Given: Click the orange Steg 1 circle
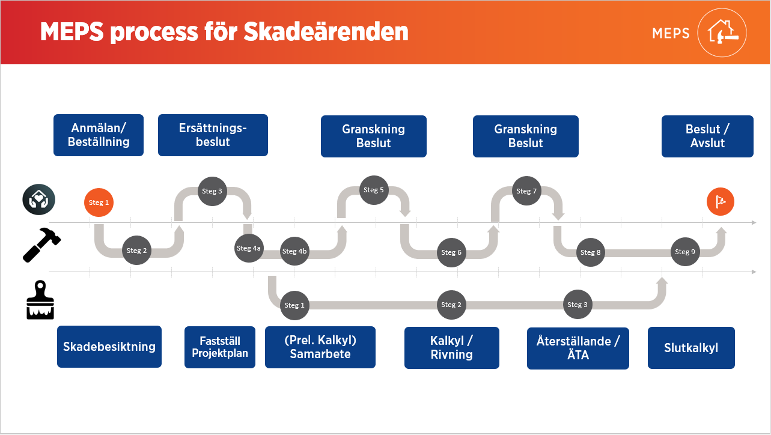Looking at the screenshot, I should point(99,202).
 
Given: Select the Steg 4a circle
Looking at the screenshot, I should point(249,248).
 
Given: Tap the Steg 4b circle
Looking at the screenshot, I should point(294,251).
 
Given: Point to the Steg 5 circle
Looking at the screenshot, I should point(374,190).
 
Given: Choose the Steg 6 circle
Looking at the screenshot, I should point(451,252).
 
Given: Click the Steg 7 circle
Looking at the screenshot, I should point(526,191).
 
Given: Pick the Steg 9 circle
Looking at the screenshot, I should point(685,252).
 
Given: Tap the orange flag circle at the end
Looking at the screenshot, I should point(721,202).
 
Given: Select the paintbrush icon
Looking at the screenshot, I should point(40,300).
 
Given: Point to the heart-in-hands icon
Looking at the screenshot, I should point(39,199).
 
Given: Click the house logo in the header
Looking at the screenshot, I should point(722,32).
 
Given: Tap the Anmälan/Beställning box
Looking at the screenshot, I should point(99,135).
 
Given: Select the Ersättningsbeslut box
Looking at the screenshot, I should point(213,135).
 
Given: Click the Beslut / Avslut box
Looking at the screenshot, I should point(707,136).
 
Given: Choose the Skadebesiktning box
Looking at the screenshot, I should point(109,347).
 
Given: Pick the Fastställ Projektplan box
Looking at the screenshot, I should point(220,347).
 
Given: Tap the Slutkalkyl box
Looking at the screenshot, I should point(691,348).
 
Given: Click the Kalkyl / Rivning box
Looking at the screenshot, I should point(452,348).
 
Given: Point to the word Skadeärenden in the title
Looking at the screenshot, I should point(326,32).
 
